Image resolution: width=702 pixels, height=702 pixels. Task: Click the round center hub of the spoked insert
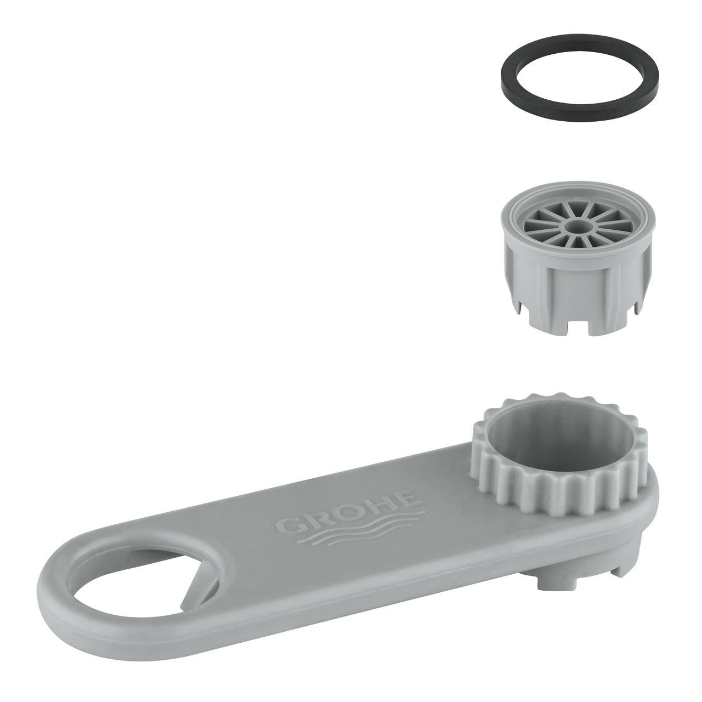click(x=578, y=226)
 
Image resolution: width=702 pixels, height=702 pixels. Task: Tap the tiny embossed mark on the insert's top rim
click(x=576, y=199)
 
